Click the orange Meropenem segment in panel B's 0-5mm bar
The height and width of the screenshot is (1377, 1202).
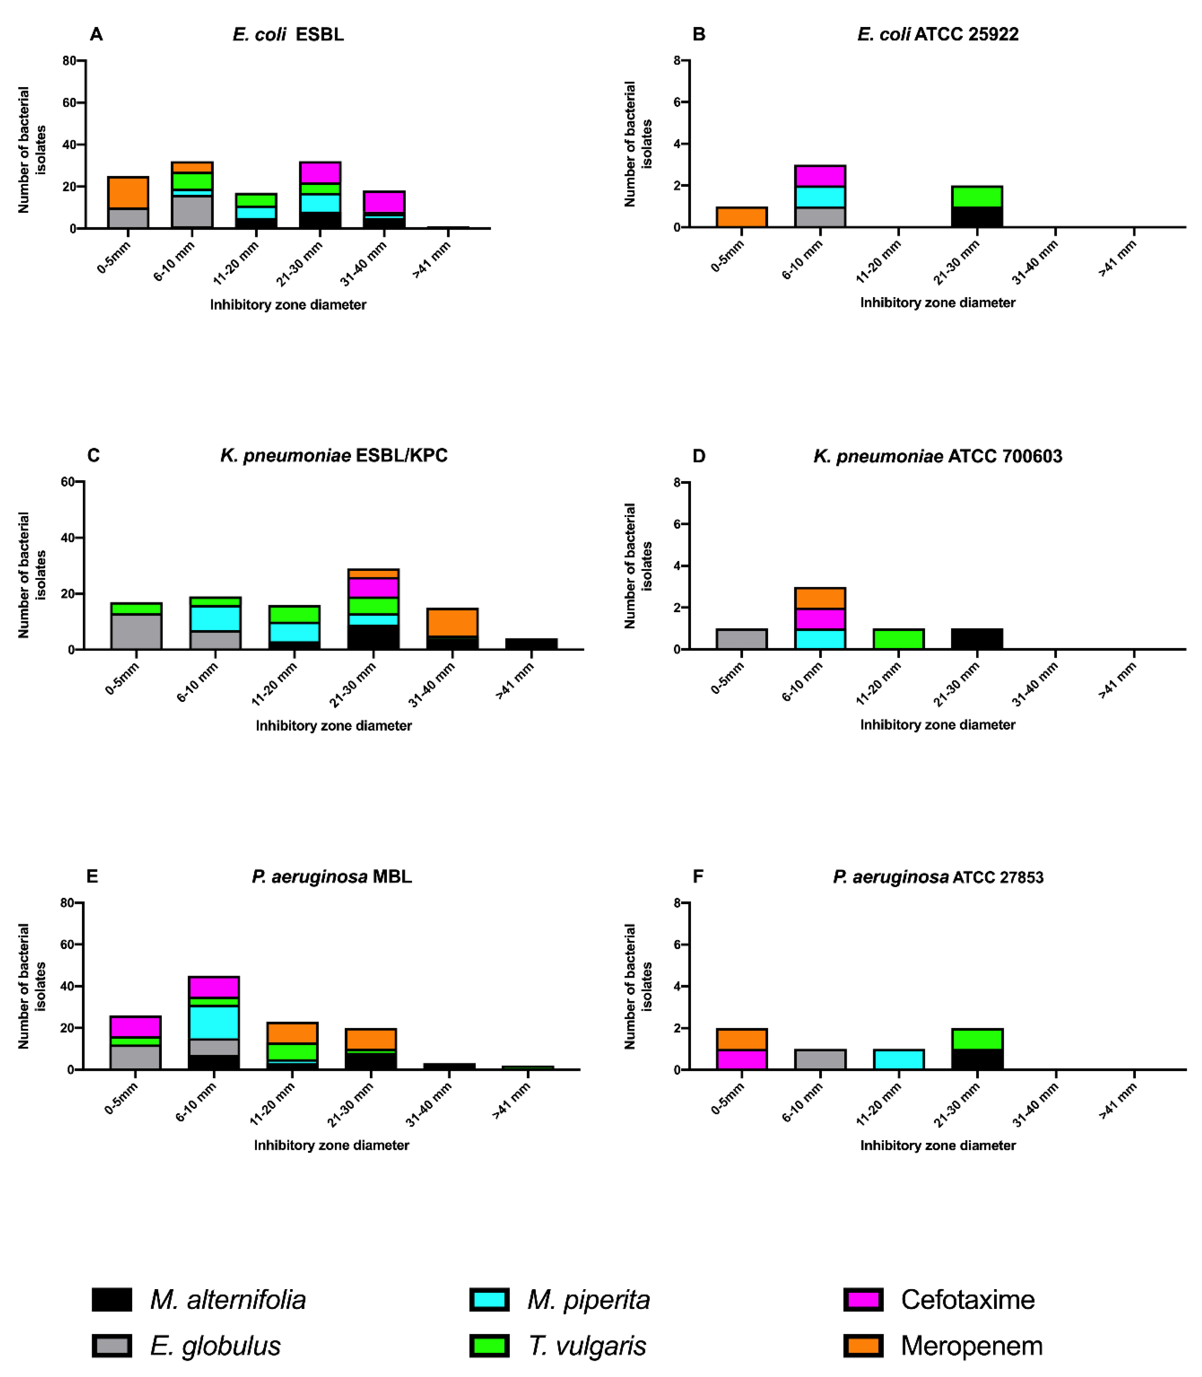(x=741, y=217)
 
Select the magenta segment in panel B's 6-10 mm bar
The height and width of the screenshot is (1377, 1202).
(x=820, y=176)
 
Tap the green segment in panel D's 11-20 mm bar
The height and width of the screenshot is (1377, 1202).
(x=898, y=639)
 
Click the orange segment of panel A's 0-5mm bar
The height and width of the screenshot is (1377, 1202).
(x=128, y=192)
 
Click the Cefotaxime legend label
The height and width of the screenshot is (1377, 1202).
(x=967, y=1299)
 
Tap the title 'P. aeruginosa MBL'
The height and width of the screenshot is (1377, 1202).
(x=331, y=877)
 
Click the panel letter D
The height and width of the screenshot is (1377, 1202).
(x=698, y=456)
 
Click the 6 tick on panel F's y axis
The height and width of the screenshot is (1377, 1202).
(x=678, y=944)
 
